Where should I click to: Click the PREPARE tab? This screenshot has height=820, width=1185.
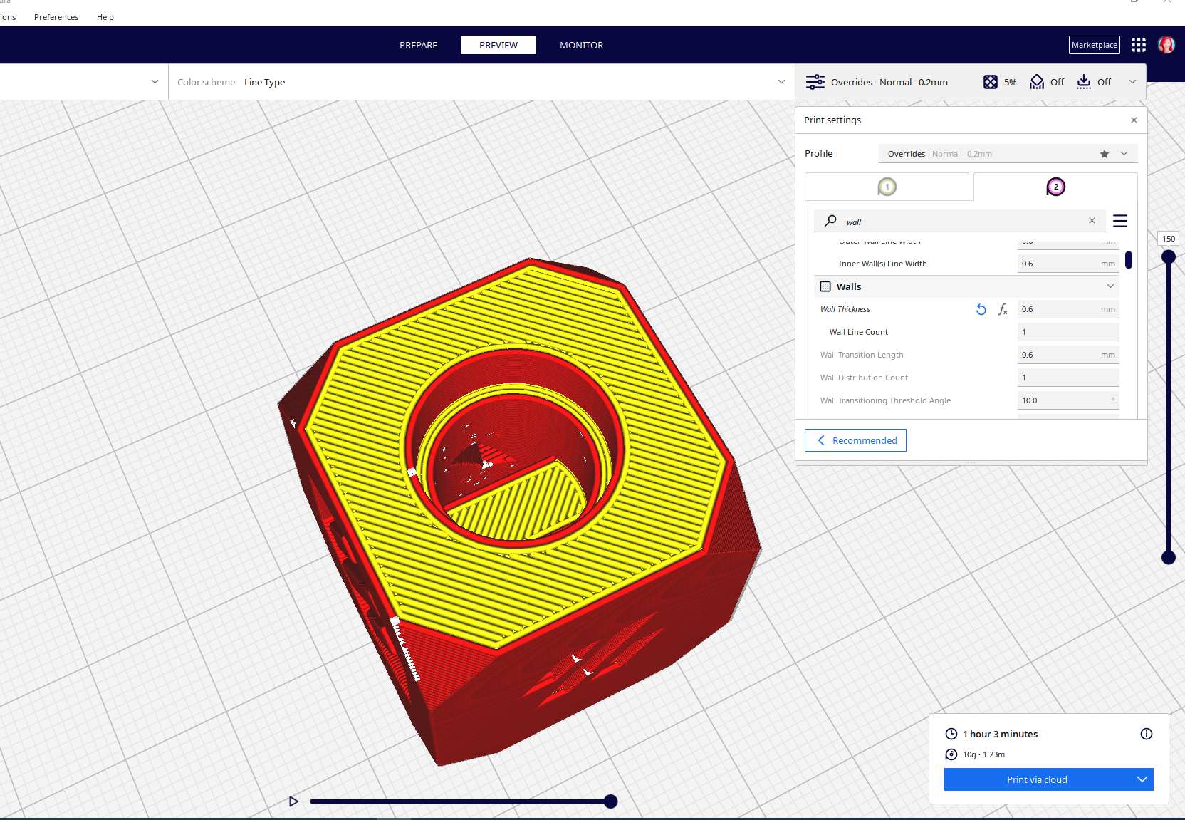(418, 45)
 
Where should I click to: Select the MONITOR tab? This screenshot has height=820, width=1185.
(581, 45)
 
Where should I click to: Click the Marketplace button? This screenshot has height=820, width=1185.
(1094, 45)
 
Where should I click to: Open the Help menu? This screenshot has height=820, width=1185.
(105, 17)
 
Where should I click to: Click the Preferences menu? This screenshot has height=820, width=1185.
(56, 17)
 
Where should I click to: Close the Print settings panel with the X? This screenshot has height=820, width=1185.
(1134, 120)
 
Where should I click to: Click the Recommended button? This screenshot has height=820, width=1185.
(855, 440)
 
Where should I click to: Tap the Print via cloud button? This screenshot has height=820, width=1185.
(1037, 779)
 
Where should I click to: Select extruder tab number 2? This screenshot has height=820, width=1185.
(1055, 187)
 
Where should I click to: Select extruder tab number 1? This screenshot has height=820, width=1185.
(887, 187)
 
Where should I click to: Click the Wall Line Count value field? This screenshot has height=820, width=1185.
(1067, 332)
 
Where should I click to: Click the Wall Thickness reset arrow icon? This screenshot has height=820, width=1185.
(981, 309)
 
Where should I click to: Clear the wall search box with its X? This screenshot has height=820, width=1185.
(1092, 221)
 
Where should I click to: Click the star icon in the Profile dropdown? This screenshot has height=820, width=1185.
(1105, 154)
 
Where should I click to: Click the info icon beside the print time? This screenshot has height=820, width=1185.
(1147, 734)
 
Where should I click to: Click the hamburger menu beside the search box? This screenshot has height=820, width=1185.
(1120, 221)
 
